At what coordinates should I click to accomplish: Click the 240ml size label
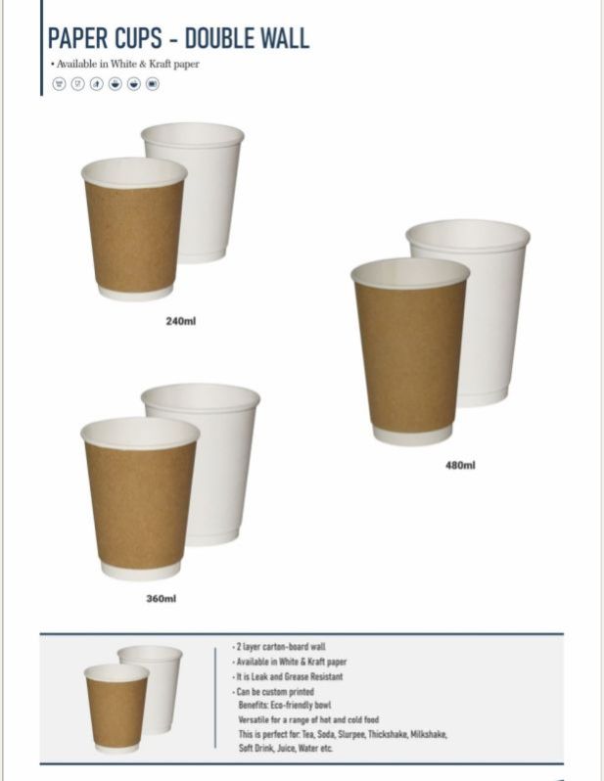[x=180, y=321]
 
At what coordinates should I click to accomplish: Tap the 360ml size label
[x=161, y=598]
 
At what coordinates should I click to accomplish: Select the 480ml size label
[x=460, y=465]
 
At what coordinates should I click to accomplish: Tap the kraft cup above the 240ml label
[x=134, y=229]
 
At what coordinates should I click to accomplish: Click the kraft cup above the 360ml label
[x=140, y=498]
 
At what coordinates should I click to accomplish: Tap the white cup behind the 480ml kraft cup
[x=493, y=309]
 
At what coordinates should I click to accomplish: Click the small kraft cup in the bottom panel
[x=116, y=708]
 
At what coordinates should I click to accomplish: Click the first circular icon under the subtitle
[x=60, y=84]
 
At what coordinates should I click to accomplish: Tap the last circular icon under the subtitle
[x=153, y=84]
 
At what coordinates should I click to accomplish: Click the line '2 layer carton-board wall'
[x=279, y=647]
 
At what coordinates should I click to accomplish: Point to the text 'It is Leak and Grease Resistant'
[x=288, y=676]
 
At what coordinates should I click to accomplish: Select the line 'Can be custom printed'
[x=273, y=691]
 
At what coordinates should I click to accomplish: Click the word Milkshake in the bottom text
[x=429, y=734]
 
